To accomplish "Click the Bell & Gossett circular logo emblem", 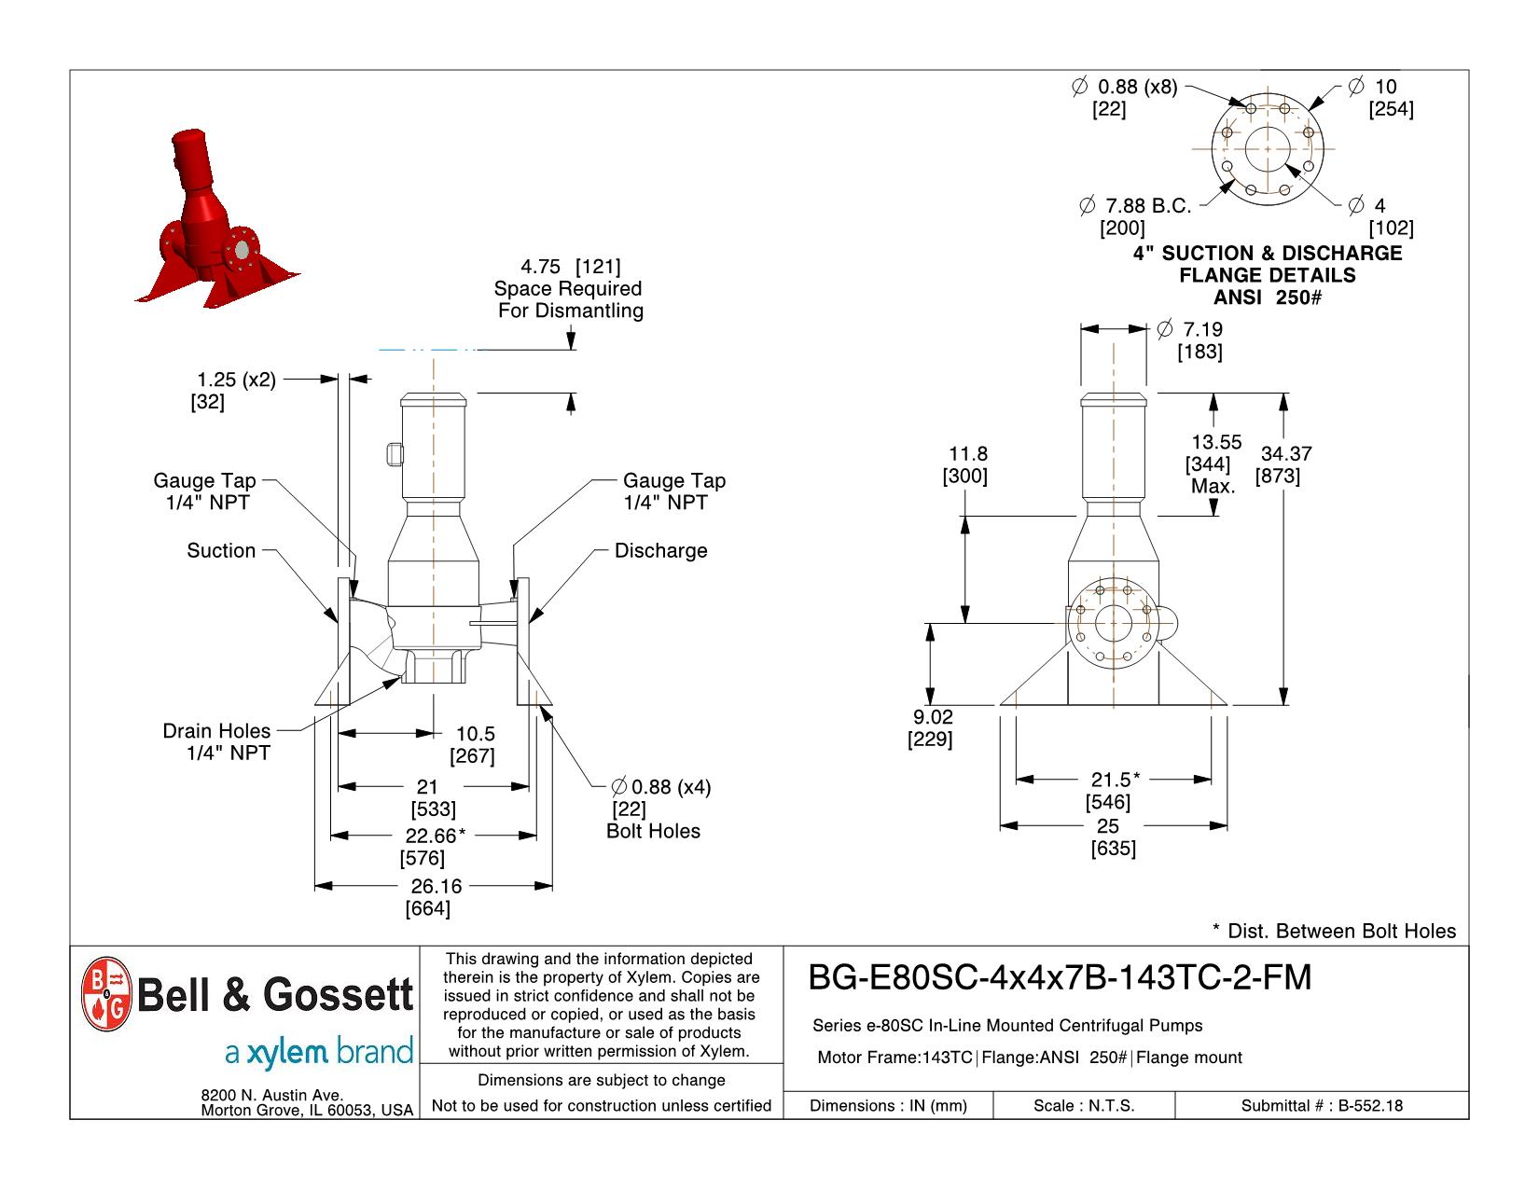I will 106,994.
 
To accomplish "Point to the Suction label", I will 221,551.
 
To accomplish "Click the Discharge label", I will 660,551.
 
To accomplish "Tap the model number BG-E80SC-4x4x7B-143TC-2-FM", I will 1059,977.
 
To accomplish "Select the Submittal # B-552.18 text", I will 1321,1106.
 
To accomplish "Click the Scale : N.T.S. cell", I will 1083,1106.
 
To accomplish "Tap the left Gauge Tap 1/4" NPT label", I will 204,491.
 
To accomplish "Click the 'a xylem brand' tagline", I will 318,1053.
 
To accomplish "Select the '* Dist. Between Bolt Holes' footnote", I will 1333,931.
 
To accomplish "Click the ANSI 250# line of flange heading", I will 1267,298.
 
